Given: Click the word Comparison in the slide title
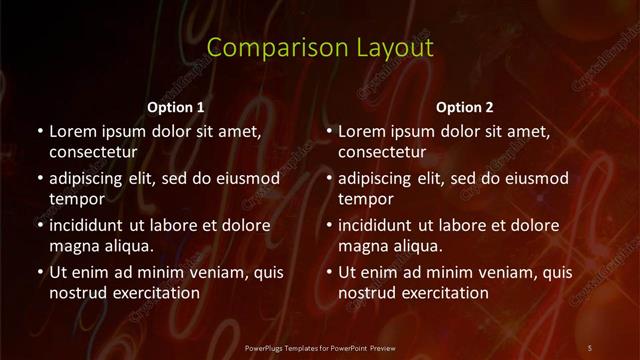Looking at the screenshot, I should click(263, 48).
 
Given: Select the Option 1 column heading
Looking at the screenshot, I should click(176, 107).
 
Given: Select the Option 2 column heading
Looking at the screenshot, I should click(466, 107).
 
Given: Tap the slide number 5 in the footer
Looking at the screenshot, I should click(589, 347).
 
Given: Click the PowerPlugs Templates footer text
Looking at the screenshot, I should click(320, 347).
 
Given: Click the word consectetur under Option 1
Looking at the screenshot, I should click(93, 153).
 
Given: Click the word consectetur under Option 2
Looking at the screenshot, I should click(383, 153).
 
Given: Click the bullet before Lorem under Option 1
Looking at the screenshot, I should click(40, 132).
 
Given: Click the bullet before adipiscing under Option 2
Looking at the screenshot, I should click(330, 178).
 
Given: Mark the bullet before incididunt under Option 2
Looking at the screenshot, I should click(330, 225).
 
